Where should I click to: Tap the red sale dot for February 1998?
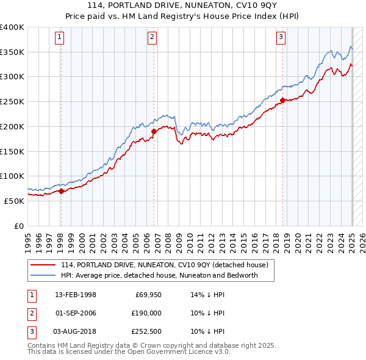(x=61, y=191)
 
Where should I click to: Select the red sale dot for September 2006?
(x=154, y=131)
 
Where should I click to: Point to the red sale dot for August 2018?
(x=282, y=100)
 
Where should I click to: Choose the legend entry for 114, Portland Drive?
(x=168, y=265)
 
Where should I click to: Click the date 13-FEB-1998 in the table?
(x=76, y=295)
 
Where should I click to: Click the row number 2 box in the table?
(x=30, y=313)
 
